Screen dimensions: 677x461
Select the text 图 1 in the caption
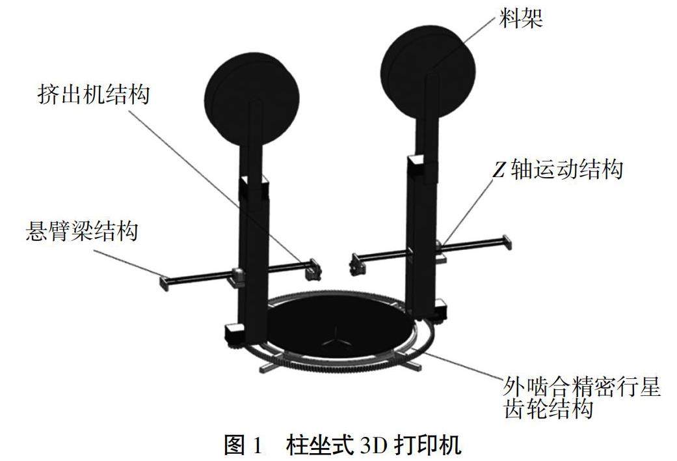pos(244,445)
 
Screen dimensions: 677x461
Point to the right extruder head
pos(356,263)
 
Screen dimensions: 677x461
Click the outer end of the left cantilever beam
pos(164,282)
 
